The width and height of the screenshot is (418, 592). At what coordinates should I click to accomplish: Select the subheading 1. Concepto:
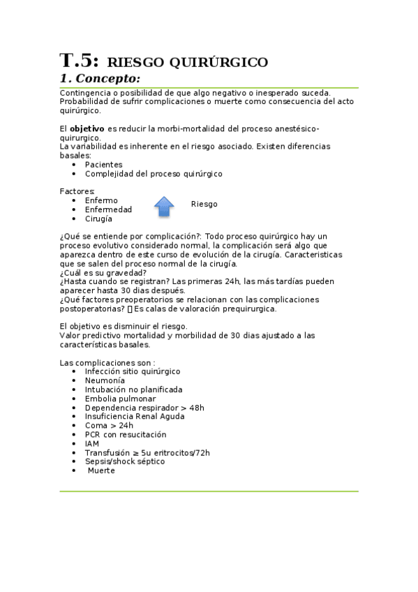(x=100, y=78)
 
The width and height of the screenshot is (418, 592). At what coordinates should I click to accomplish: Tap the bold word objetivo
(x=87, y=129)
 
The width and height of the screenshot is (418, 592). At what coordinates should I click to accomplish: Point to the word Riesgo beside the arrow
(x=204, y=204)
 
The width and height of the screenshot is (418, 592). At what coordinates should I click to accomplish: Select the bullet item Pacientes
(x=103, y=165)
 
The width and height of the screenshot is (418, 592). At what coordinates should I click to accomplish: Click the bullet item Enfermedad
(x=108, y=209)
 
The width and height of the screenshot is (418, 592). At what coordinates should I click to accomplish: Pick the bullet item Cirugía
(x=98, y=219)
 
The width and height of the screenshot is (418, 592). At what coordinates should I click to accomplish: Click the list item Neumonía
(x=105, y=380)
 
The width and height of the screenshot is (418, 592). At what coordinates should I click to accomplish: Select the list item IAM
(x=92, y=443)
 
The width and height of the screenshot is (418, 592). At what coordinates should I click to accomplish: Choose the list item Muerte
(x=101, y=471)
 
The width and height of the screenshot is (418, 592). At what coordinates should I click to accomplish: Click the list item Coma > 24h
(x=109, y=425)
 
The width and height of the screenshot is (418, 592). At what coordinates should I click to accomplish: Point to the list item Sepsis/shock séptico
(x=125, y=461)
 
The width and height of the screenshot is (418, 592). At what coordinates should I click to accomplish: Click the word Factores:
(x=77, y=191)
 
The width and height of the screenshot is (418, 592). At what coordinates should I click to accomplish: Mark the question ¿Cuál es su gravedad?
(x=103, y=273)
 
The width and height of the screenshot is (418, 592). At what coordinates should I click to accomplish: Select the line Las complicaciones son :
(x=107, y=362)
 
